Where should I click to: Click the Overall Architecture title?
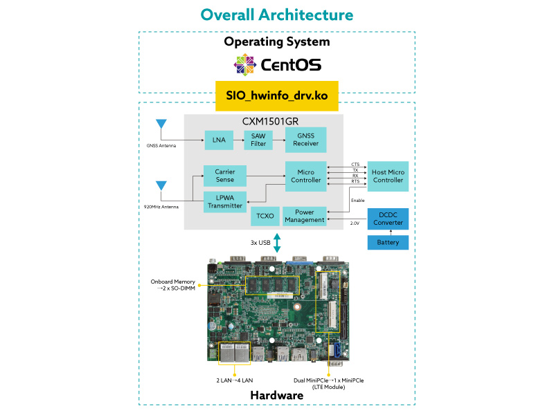(276, 15)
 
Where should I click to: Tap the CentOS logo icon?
(246, 64)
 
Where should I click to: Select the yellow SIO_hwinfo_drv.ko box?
(276, 95)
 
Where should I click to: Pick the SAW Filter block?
(258, 140)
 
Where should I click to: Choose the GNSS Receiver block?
(305, 140)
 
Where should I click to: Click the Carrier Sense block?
(224, 176)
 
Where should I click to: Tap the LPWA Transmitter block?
(224, 201)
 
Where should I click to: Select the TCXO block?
(265, 216)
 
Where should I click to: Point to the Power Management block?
(305, 216)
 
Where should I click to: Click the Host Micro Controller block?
(388, 176)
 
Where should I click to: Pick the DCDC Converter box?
(388, 219)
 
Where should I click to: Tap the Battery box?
(388, 243)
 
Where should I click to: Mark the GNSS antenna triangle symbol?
(161, 124)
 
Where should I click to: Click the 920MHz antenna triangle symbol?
(161, 185)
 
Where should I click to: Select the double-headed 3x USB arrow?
(276, 243)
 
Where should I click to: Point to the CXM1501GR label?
(264, 122)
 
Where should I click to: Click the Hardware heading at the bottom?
(276, 395)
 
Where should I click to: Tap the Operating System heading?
(276, 41)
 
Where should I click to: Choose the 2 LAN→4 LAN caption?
(235, 380)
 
